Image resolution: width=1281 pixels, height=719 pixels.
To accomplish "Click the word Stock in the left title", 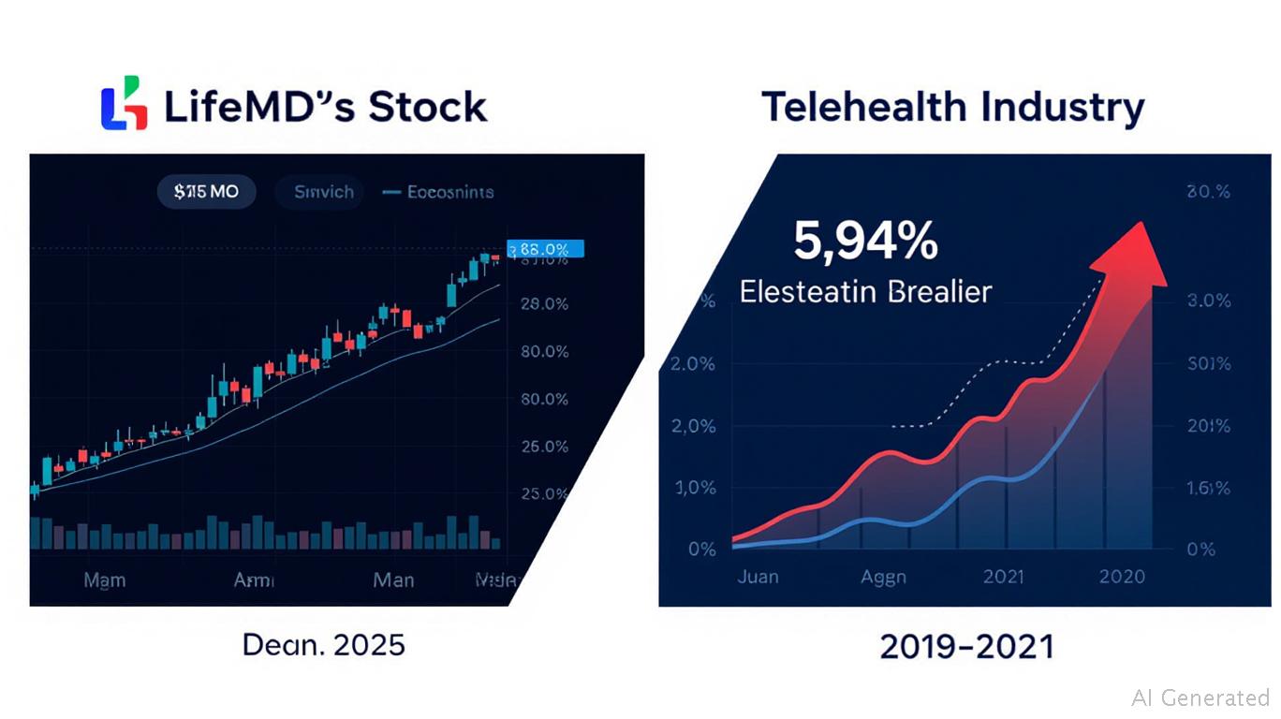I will coord(427,107).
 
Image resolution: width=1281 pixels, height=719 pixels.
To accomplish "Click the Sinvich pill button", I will coord(324,192).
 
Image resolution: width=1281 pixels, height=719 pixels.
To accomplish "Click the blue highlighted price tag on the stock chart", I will coord(545,249).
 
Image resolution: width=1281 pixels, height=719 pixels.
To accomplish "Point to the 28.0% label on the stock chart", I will coord(543,304).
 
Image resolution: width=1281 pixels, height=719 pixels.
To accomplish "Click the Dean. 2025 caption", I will coord(323,644).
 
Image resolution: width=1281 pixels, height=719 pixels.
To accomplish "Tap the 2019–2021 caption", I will coord(966,646).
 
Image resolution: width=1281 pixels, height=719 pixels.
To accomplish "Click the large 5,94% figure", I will coord(865,242).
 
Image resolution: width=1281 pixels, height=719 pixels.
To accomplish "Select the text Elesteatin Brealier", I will coord(864,291).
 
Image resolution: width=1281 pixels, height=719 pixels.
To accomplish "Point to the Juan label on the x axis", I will coord(758,576).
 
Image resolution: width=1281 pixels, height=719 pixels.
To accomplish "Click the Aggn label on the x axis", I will coord(883,576).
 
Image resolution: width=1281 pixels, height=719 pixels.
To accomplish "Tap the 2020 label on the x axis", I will coord(1122,576).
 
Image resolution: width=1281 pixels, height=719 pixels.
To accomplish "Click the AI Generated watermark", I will coord(1200,697).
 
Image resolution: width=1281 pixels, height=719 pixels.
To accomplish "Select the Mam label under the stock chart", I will coord(104,580).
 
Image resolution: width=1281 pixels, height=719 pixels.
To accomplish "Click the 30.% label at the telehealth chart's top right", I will coord(1207,192).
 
